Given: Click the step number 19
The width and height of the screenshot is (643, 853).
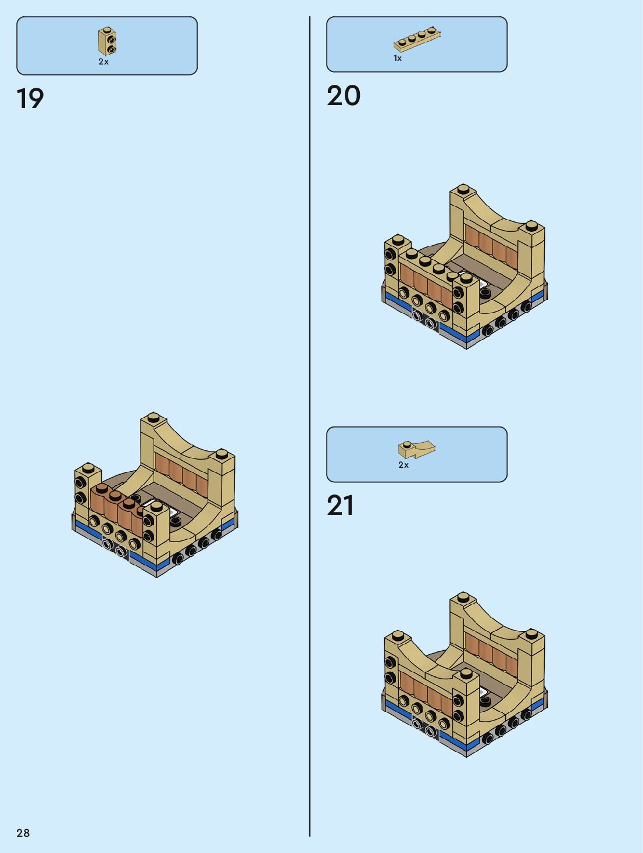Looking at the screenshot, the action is [x=30, y=99].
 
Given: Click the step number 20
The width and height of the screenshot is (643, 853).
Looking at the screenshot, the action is [x=344, y=96].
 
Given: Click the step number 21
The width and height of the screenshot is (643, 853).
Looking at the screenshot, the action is [x=340, y=506].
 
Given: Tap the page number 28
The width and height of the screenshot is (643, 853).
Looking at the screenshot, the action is [x=23, y=833].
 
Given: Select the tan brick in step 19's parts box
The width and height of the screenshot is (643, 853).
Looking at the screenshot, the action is [x=107, y=41].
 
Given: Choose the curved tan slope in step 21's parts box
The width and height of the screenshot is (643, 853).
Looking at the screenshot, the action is [x=416, y=449].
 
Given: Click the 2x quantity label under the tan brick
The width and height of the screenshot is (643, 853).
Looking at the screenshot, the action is [x=103, y=62].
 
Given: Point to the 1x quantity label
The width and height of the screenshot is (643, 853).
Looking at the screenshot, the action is [x=398, y=58].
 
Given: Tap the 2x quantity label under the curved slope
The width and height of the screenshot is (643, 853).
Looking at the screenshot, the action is [x=403, y=465].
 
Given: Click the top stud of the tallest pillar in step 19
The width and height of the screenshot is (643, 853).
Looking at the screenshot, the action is [x=153, y=417].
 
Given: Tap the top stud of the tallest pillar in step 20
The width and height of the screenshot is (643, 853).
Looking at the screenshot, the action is [x=463, y=189].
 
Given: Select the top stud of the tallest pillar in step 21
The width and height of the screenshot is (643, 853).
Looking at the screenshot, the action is [x=463, y=597].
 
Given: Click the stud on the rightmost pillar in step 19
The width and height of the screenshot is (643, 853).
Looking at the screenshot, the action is [x=222, y=453].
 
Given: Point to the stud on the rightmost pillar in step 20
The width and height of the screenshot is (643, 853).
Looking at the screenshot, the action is [x=531, y=225].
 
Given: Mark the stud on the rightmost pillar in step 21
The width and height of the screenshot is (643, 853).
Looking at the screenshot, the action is [x=531, y=633].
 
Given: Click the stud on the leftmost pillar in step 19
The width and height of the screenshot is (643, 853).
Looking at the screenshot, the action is [x=88, y=468].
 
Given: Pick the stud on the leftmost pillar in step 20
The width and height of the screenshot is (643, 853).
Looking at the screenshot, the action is [x=398, y=239].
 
